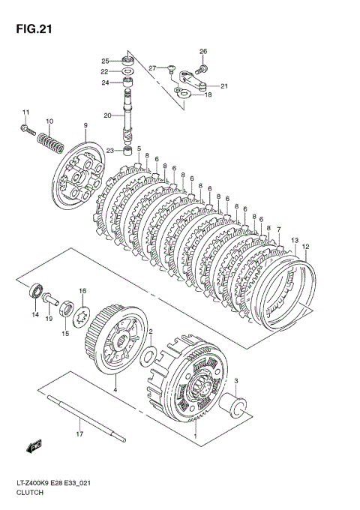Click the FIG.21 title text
click(x=34, y=29)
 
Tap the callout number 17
click(x=79, y=433)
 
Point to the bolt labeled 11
click(x=28, y=130)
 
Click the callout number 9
click(x=85, y=125)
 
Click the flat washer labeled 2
click(x=148, y=356)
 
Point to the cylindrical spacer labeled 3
click(x=232, y=405)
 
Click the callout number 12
click(x=306, y=247)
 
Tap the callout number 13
click(x=295, y=240)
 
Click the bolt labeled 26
click(x=202, y=69)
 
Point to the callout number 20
click(x=108, y=115)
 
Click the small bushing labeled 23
click(x=127, y=151)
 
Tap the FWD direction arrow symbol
click(x=34, y=446)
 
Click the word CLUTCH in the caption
click(x=29, y=493)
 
